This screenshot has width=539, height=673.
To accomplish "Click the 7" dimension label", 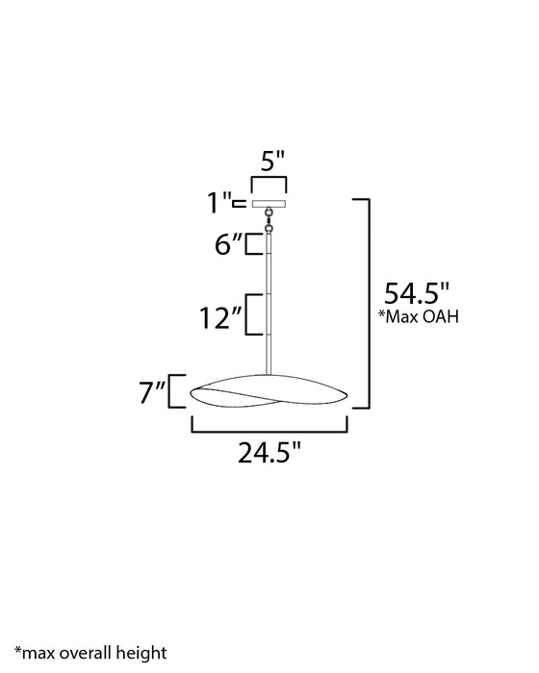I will click(153, 392).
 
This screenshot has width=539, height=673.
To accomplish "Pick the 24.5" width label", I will click(269, 450).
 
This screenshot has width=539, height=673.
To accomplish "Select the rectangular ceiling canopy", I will click(269, 203).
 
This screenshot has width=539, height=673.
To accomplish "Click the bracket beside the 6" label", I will click(252, 244).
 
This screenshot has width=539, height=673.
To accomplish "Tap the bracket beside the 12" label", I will click(252, 314).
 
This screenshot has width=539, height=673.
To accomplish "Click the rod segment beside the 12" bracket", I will click(269, 314).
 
